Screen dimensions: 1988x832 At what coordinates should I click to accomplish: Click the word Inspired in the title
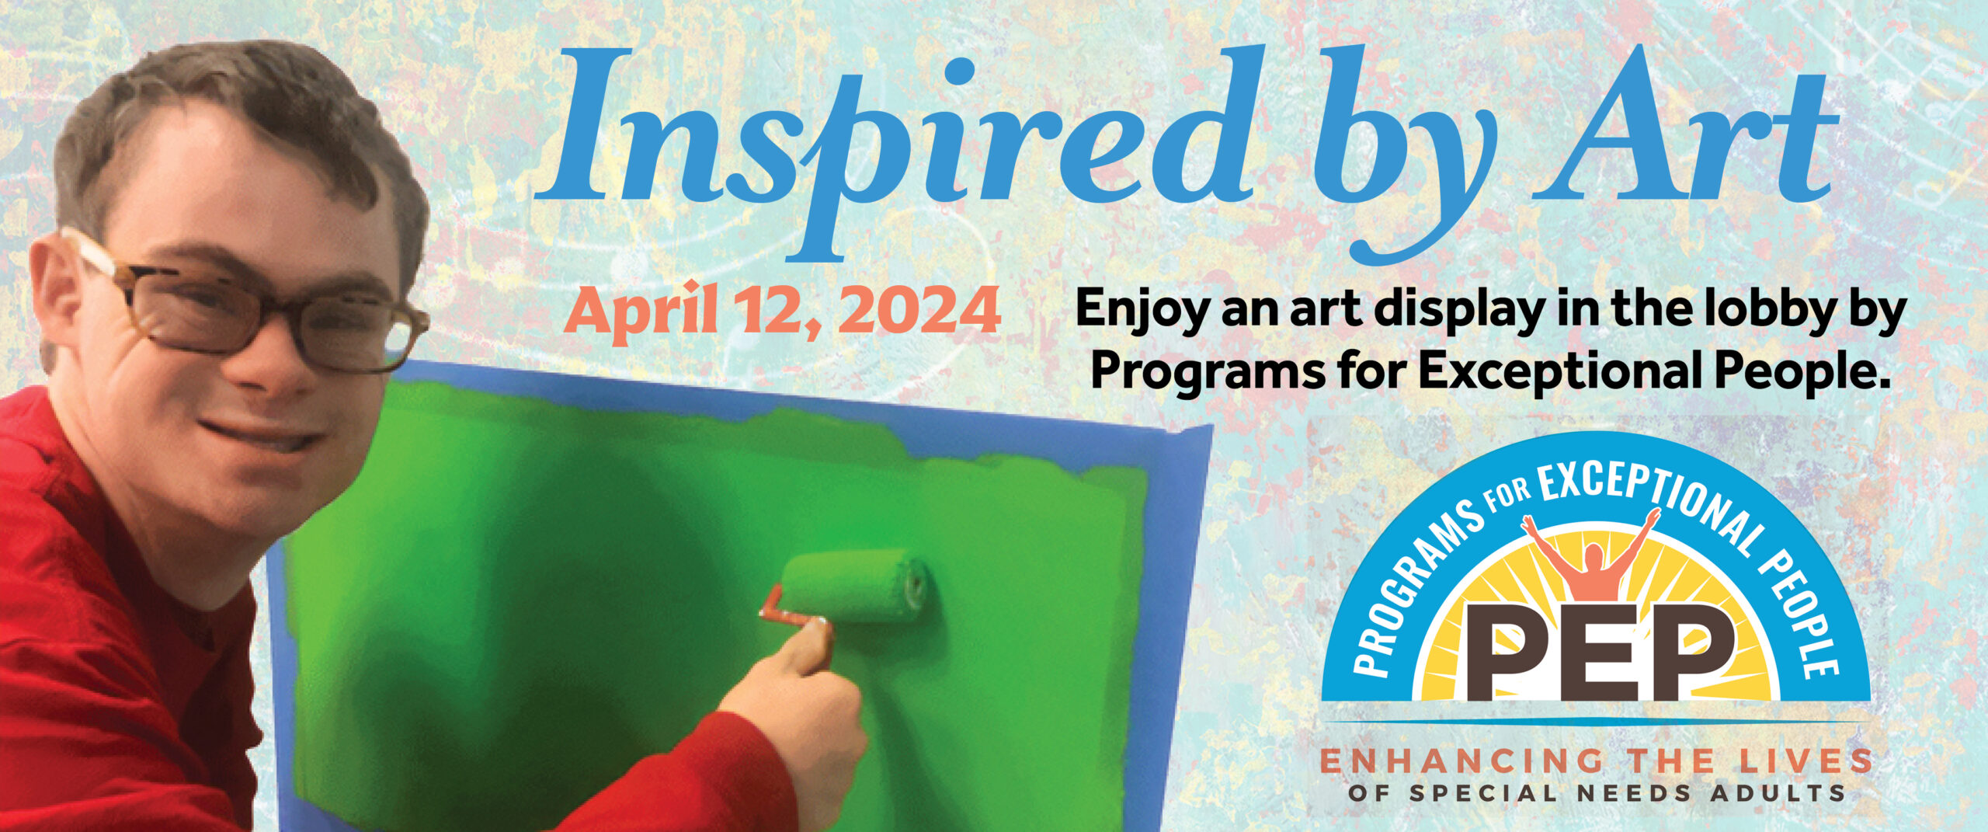tap(893, 148)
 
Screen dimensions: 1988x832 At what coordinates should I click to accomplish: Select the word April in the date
tap(641, 312)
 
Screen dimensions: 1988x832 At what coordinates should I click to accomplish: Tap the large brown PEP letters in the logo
tap(1600, 653)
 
